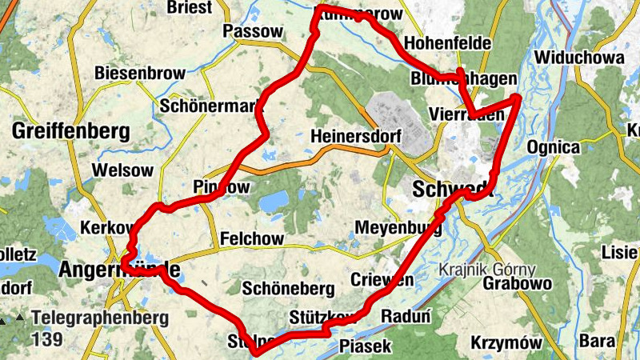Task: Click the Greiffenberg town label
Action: point(70,130)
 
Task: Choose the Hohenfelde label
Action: point(448,42)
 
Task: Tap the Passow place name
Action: point(254,31)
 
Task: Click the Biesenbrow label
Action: point(140,73)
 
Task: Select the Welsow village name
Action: point(122,170)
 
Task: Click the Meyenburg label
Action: point(398,227)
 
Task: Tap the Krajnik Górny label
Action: point(487,270)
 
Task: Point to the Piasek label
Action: point(366,346)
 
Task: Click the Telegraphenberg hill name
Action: point(100,318)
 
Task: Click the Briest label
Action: point(190,8)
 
